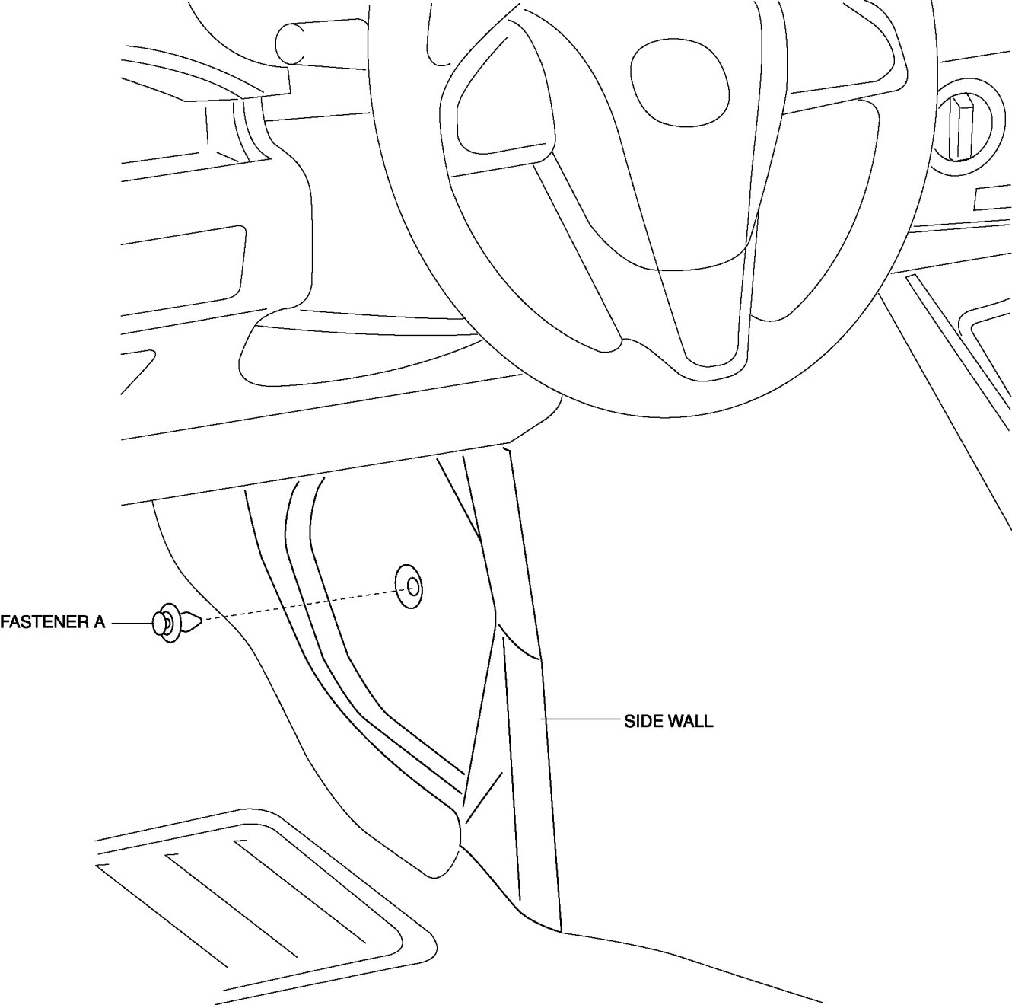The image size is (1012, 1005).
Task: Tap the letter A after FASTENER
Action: tap(99, 623)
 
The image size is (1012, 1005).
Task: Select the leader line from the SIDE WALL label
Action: tap(581, 719)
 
